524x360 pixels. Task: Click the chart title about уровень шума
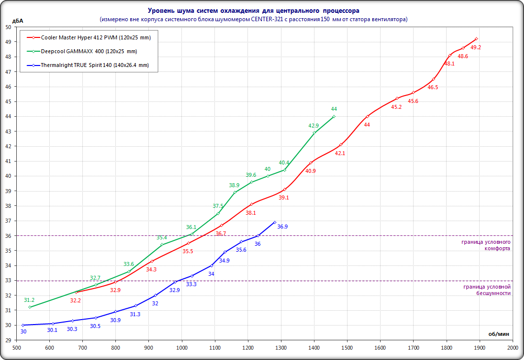[254, 10]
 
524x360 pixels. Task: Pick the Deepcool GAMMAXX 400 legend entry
[89, 51]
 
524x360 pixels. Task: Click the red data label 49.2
[476, 47]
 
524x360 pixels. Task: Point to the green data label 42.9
[314, 126]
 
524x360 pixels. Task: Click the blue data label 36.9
[282, 227]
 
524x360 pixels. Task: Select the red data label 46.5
[433, 87]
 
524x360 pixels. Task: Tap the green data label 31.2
[29, 300]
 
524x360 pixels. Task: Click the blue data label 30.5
[95, 326]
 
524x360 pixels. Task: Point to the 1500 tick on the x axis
[347, 348]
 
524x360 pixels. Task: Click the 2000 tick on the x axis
[513, 348]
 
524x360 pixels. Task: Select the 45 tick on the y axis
[8, 101]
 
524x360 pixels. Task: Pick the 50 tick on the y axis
[8, 27]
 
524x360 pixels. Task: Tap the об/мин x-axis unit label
[498, 333]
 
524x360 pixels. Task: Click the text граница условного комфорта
[486, 245]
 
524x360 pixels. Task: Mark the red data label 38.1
[251, 213]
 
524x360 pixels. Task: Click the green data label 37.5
[218, 206]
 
